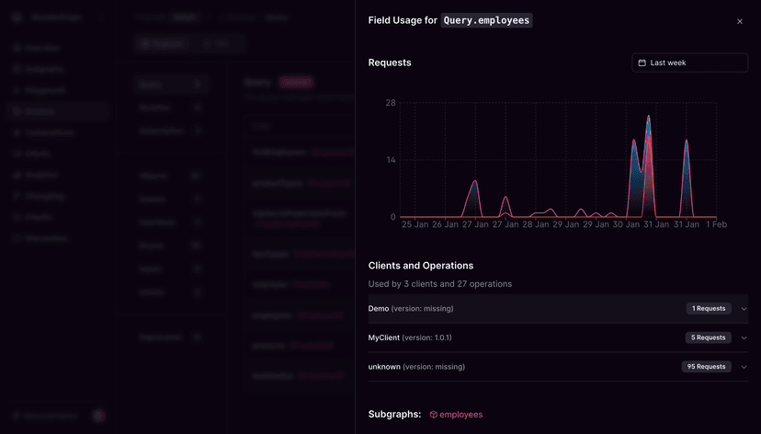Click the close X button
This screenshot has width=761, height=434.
click(740, 21)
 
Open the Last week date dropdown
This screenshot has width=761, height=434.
click(689, 63)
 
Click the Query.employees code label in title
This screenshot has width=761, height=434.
click(486, 20)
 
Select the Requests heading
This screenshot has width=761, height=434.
click(390, 63)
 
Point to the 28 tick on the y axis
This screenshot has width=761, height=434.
click(391, 103)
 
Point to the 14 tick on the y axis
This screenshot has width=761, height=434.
click(391, 160)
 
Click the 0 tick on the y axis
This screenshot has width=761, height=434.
click(392, 217)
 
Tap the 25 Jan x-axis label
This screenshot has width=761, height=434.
click(415, 224)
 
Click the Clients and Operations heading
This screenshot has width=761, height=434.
click(421, 266)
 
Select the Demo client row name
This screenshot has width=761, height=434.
click(379, 309)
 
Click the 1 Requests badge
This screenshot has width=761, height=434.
click(709, 309)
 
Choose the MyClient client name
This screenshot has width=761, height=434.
click(383, 337)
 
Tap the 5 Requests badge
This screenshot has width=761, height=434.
click(709, 337)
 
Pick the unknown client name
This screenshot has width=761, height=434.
click(384, 367)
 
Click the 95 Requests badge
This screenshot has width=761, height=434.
click(707, 367)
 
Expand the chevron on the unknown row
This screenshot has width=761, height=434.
click(744, 367)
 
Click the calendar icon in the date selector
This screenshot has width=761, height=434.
click(642, 63)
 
